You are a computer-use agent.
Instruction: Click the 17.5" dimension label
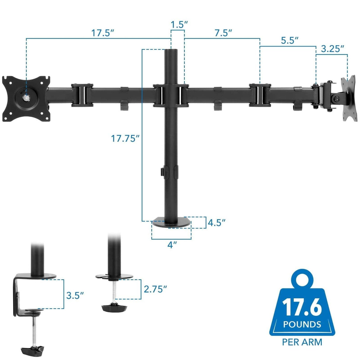pyautogui.click(x=103, y=33)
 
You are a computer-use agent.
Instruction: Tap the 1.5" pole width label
pyautogui.click(x=178, y=24)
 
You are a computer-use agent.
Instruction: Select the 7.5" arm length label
pyautogui.click(x=223, y=33)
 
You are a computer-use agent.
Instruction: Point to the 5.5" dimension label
pyautogui.click(x=289, y=41)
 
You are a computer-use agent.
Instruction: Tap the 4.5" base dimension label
pyautogui.click(x=216, y=223)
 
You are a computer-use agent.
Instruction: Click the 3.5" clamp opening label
pyautogui.click(x=75, y=295)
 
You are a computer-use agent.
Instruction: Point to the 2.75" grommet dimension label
pyautogui.click(x=155, y=289)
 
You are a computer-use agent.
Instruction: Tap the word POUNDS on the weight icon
pyautogui.click(x=302, y=324)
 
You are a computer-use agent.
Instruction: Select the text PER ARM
pyautogui.click(x=302, y=342)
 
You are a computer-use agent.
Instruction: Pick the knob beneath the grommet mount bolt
pyautogui.click(x=114, y=308)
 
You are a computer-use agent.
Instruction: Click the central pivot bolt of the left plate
pyautogui.click(x=27, y=97)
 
